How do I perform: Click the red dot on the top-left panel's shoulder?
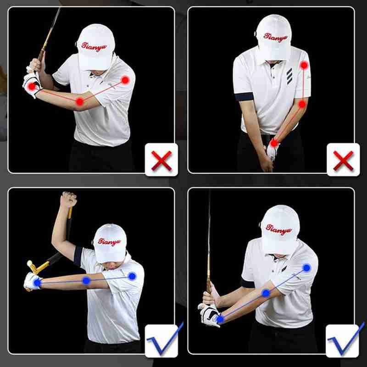click(x=125, y=80)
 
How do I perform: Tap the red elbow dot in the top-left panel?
click(x=80, y=101)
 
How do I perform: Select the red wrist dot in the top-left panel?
click(x=31, y=86)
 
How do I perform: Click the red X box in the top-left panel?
click(x=161, y=160)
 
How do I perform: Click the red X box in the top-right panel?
click(x=343, y=160)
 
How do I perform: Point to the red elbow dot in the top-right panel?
click(x=302, y=105)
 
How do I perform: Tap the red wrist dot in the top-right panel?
click(x=274, y=143)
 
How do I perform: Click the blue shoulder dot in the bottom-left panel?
click(x=132, y=276)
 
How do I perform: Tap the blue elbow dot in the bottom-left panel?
click(x=86, y=280)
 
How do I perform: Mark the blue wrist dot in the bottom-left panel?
click(x=36, y=283)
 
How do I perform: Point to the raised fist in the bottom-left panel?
click(x=69, y=199)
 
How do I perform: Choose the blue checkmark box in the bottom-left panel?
click(x=161, y=340)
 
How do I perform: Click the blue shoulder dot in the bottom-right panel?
click(x=306, y=267)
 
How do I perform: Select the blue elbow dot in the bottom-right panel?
click(x=266, y=293)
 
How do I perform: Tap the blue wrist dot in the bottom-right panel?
click(x=220, y=318)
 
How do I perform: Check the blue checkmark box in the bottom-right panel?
click(x=343, y=340)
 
